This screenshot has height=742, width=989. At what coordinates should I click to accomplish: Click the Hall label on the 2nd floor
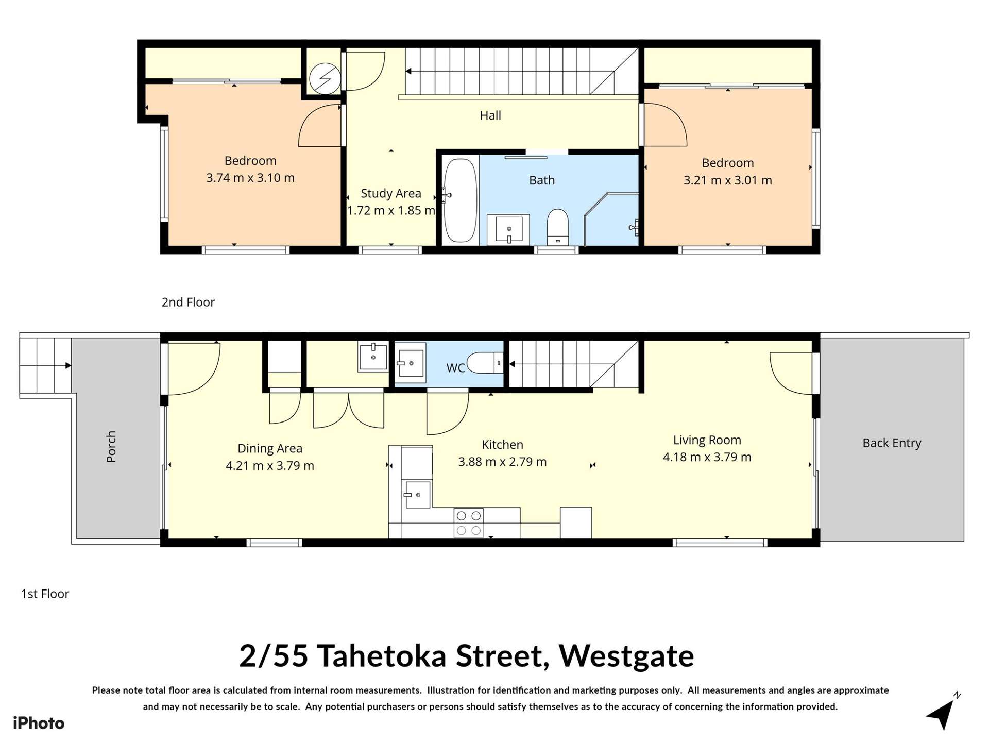490,115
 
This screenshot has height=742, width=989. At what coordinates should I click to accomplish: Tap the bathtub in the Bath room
460,200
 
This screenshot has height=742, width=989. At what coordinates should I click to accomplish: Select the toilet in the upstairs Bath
557,226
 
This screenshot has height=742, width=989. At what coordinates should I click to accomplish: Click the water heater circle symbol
325,78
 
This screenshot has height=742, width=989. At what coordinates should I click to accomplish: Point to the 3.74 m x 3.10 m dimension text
250,178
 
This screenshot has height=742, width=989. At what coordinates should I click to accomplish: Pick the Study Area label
390,193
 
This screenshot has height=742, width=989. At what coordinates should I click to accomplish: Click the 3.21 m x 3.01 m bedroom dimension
727,180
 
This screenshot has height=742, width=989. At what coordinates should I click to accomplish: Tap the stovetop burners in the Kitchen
469,522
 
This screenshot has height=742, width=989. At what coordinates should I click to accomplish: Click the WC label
455,368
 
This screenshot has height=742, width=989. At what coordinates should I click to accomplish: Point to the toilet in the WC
484,363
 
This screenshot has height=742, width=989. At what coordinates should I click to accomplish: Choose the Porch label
111,446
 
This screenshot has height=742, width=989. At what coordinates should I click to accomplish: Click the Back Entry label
892,443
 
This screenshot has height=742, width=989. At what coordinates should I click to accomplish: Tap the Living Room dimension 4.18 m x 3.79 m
707,457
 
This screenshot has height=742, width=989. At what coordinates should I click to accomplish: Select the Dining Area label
269,448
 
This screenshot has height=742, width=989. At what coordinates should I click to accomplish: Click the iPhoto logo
39,723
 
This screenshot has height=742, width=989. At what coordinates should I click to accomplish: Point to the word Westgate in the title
626,655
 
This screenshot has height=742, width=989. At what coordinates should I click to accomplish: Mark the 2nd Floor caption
188,302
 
